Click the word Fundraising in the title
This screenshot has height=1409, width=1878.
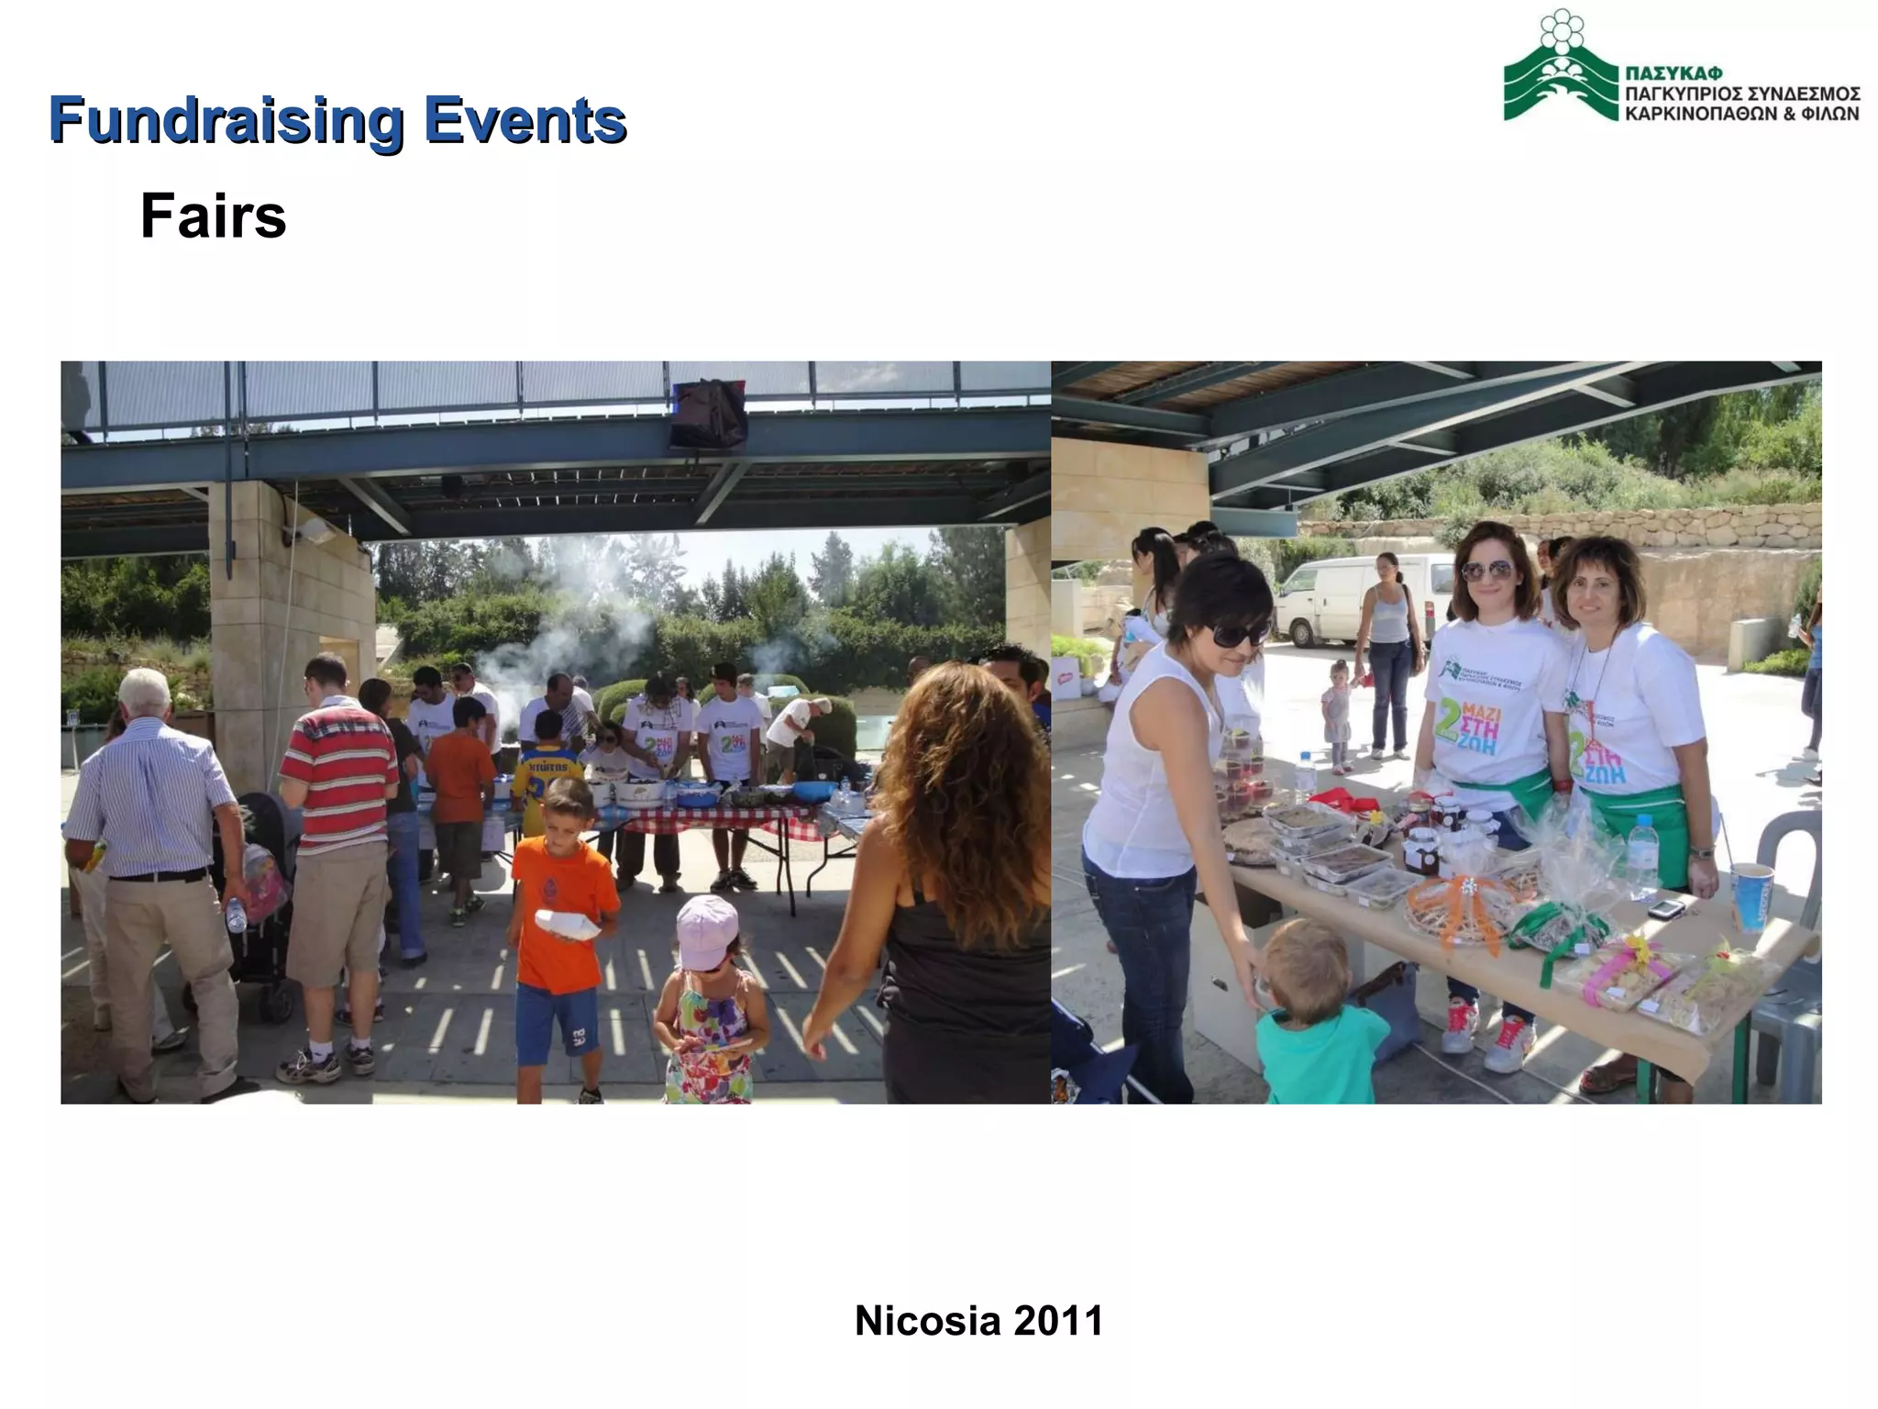(x=226, y=121)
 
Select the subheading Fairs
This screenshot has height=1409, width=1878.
(x=213, y=216)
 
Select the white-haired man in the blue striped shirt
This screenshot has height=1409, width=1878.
(x=156, y=871)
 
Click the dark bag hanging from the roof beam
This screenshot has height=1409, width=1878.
(x=707, y=413)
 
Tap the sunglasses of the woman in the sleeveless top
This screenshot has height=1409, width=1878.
(x=1240, y=632)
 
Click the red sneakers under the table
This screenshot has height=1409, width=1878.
(x=1486, y=1037)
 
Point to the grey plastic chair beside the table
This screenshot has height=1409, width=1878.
(x=1788, y=917)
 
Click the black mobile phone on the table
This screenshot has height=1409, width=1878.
(x=1666, y=908)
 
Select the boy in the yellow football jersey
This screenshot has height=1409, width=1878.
(x=547, y=771)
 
